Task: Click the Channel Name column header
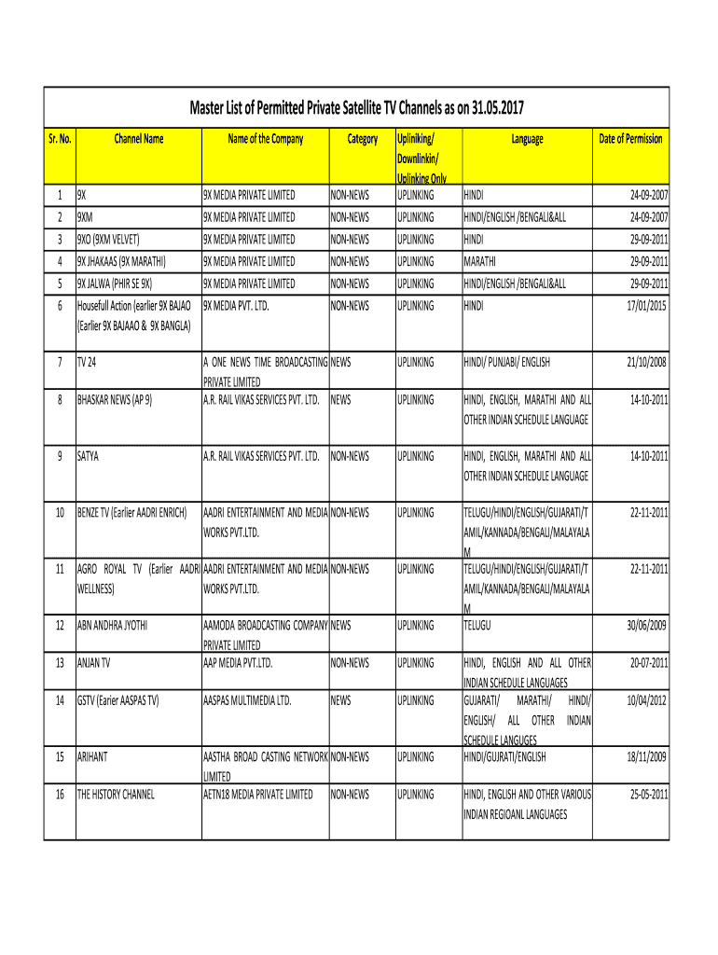[138, 139]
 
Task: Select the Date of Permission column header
[630, 139]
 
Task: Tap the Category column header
[362, 139]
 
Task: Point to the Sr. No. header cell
[60, 139]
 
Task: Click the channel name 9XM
[85, 217]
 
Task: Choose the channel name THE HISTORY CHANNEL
[116, 795]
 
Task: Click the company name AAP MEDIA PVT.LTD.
[238, 663]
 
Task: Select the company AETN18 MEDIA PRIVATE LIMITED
[258, 795]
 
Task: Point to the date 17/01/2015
[647, 305]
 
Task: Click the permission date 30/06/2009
[647, 625]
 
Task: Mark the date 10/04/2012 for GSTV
[647, 700]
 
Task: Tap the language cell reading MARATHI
[479, 262]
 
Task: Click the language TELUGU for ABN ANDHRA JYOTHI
[477, 625]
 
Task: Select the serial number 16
[60, 795]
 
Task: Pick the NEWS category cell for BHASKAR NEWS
[341, 400]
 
